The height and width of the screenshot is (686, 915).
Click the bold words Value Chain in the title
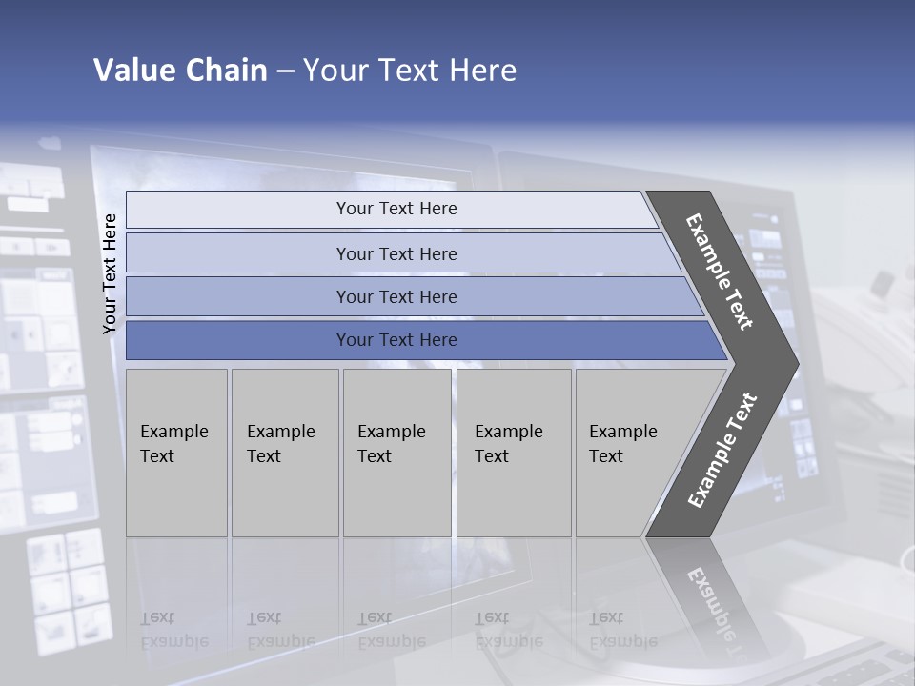pos(180,71)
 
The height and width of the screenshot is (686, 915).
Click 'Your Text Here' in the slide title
pos(410,71)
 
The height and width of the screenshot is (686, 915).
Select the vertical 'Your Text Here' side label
pos(110,273)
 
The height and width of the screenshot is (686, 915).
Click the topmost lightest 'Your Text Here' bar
pos(396,209)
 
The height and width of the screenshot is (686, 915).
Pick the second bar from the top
pos(396,253)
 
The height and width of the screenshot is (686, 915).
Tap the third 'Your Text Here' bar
pos(396,296)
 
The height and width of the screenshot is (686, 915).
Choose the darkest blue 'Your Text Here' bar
pos(396,340)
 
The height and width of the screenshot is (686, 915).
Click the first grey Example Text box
pos(176,453)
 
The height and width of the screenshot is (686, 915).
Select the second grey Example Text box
pos(285,453)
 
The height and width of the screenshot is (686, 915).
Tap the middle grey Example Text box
pos(396,453)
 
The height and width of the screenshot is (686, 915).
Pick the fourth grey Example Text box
pos(514,453)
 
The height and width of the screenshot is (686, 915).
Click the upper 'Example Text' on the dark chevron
pos(720,272)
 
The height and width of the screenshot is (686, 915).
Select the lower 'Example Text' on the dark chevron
pos(722,450)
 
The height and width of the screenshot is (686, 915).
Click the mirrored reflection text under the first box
pos(173,630)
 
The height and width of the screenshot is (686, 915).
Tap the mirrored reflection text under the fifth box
pos(623,630)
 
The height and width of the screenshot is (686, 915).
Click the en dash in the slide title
pos(285,71)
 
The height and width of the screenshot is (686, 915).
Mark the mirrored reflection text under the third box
pos(391,630)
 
